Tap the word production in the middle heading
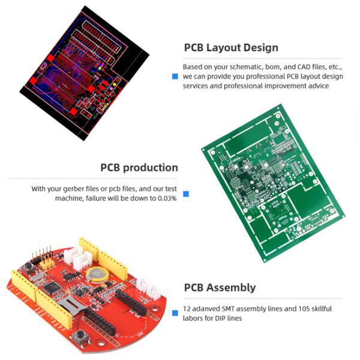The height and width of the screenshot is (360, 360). click(x=150, y=168)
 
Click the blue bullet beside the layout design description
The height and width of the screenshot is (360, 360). click(x=175, y=76)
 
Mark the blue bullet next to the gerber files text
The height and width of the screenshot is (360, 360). click(x=186, y=194)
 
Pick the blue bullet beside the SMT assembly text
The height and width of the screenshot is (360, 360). click(x=175, y=313)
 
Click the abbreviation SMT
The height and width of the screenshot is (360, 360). click(x=228, y=308)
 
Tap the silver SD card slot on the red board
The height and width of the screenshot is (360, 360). click(x=71, y=306)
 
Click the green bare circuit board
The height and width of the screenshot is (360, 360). click(x=273, y=183)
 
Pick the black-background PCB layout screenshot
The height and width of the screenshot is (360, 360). click(x=85, y=73)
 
